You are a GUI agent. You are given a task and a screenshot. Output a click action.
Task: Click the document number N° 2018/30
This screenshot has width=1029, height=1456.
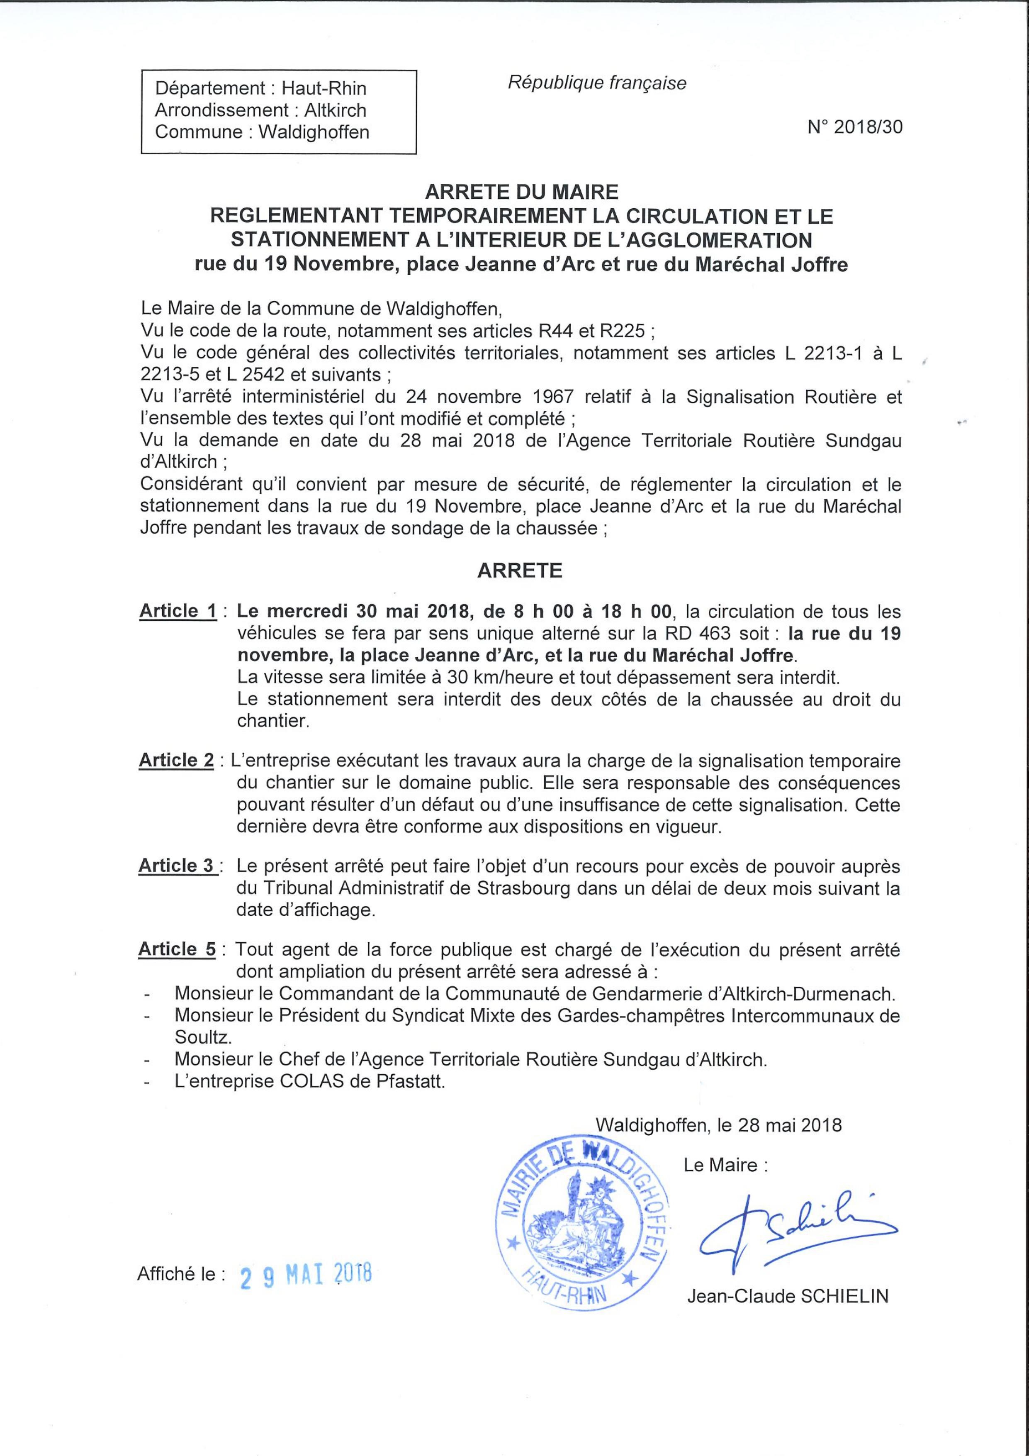coord(855,127)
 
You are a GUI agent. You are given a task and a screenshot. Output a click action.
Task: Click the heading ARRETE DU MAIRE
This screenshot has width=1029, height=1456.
coord(521,192)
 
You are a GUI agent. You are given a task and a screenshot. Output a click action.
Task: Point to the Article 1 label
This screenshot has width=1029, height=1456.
coord(178,611)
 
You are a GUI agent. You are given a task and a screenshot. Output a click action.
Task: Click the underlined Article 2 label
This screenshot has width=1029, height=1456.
coord(176,760)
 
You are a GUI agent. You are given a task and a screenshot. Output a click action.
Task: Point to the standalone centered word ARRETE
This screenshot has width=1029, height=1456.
coord(519,571)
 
